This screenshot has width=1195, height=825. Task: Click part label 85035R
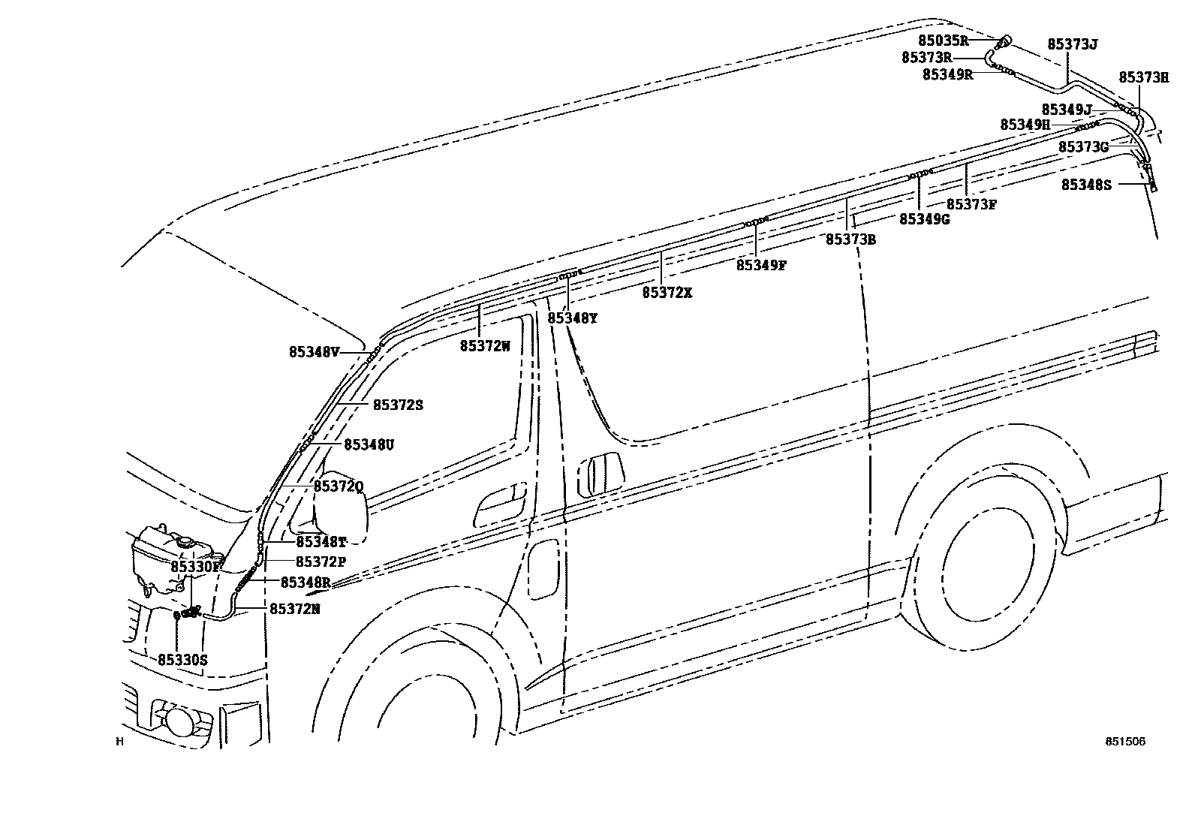[x=943, y=41]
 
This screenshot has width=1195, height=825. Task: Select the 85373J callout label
[x=1073, y=45]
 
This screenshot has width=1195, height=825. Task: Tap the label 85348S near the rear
[x=1085, y=185]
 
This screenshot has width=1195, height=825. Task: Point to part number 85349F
[x=760, y=265]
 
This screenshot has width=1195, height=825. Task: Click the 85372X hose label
[x=667, y=293]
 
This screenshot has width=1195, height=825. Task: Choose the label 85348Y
[x=572, y=318]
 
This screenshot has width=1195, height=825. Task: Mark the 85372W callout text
[x=485, y=346]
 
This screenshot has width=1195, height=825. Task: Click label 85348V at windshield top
[x=315, y=351]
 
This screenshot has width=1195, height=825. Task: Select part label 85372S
[x=398, y=405]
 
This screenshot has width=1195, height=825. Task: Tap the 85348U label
[x=369, y=445]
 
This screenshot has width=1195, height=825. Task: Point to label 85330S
[x=182, y=660]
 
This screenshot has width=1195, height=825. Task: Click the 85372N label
[x=295, y=610]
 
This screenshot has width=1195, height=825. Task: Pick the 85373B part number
[x=850, y=239]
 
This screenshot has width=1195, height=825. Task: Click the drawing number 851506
[x=1124, y=741]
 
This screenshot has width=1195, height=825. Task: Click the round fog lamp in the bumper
[x=179, y=721]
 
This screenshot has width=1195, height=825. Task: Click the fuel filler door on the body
[x=544, y=568]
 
